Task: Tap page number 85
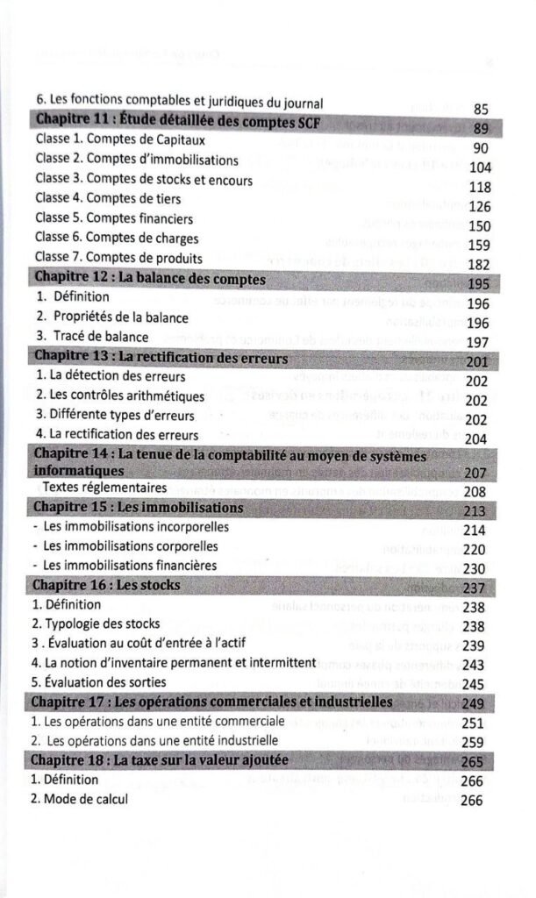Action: tap(480, 110)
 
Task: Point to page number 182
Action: tap(479, 264)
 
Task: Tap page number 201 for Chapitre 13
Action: tap(478, 363)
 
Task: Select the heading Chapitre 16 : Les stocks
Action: tap(106, 585)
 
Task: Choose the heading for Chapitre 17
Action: tap(211, 702)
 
